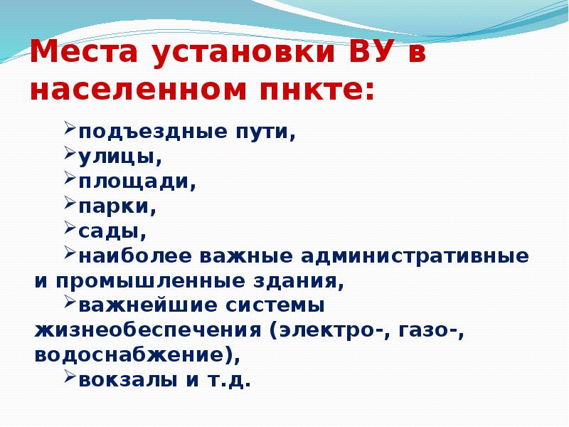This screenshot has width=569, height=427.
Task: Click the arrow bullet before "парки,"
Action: [70, 204]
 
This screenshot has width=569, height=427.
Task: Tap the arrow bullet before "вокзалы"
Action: [70, 376]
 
